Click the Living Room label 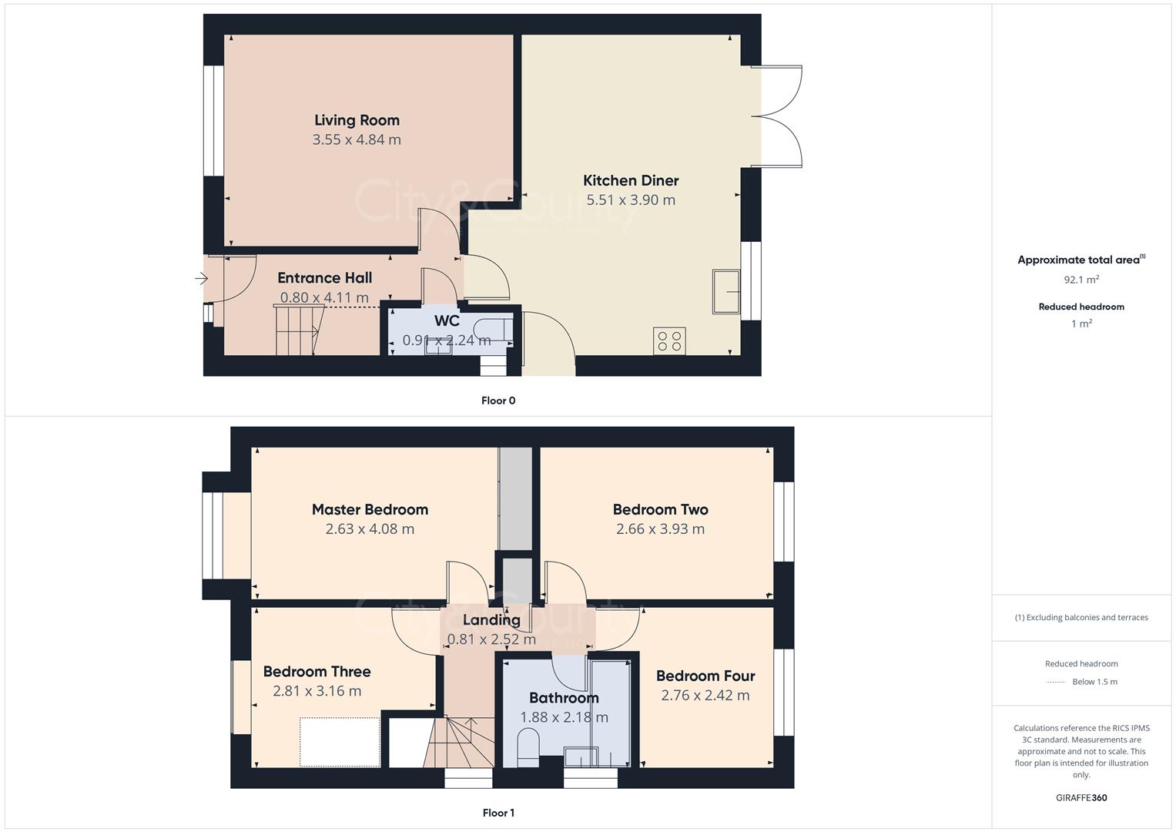[357, 120]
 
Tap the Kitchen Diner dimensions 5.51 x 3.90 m [631, 200]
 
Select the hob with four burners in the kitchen [669, 341]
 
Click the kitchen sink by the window [725, 292]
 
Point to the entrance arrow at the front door [202, 278]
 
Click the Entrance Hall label [324, 278]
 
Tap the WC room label [447, 320]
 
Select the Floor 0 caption [498, 401]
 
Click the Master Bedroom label [370, 509]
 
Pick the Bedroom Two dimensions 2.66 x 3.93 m [660, 529]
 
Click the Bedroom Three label [317, 672]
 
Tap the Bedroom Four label [705, 676]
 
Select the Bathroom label [564, 698]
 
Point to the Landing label [491, 620]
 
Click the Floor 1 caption [498, 813]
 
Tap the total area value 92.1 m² [1081, 280]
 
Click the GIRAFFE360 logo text [1081, 797]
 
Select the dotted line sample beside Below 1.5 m [1056, 682]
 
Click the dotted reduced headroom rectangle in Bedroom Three [340, 742]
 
